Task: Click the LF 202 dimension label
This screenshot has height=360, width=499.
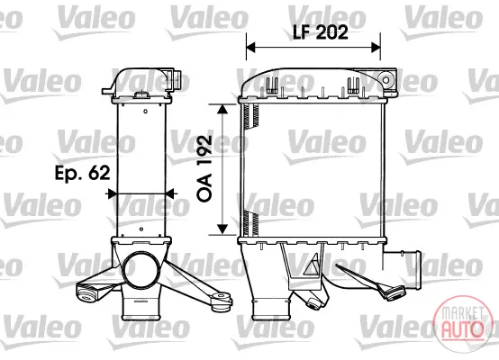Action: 321,32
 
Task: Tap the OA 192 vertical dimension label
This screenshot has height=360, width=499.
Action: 204,168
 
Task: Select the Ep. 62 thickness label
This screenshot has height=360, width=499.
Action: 83,173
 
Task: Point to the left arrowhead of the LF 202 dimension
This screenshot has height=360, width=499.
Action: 250,48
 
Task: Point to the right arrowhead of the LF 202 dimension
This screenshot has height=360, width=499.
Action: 376,48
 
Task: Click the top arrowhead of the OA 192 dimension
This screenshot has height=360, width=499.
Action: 222,109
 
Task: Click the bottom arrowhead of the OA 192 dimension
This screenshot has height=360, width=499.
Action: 222,229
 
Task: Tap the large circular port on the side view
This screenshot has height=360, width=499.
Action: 141,269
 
